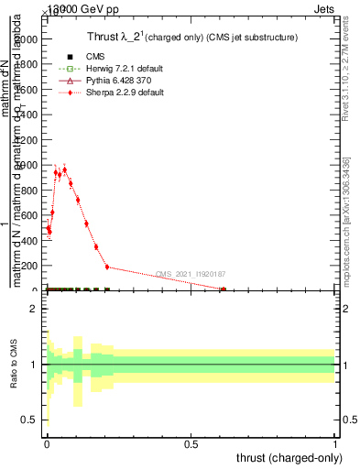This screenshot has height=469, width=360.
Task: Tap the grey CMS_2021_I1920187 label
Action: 191,274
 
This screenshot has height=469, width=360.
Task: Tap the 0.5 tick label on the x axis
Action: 191,444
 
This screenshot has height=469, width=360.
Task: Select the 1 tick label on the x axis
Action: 335,444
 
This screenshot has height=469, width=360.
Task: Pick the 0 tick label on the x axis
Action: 47,444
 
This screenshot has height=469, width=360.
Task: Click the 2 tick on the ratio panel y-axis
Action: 34,309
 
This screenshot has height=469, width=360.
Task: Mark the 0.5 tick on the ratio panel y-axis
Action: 30,420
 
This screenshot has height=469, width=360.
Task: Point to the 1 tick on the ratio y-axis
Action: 34,365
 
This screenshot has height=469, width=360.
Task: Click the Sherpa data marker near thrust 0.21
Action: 107,267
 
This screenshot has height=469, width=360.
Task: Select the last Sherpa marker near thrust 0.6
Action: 223,289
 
